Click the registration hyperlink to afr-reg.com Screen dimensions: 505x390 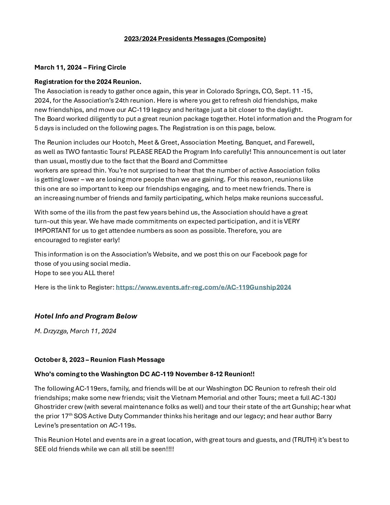203,287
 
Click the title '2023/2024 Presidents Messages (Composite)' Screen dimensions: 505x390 195,39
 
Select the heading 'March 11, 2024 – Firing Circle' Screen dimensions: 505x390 80,67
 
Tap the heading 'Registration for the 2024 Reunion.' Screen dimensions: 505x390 88,82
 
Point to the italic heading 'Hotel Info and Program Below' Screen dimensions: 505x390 86,316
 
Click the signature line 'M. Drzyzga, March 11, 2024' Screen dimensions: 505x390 75,331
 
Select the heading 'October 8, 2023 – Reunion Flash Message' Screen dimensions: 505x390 99,360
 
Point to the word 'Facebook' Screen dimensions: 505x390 266,254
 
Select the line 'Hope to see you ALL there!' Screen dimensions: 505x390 75,273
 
